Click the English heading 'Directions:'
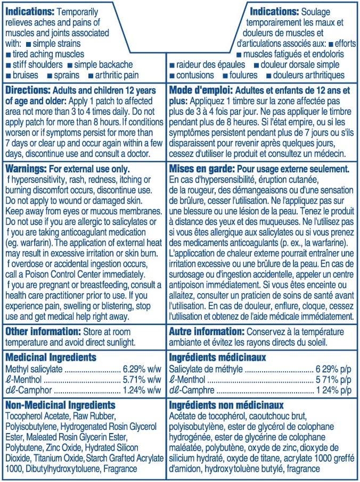click(x=27, y=90)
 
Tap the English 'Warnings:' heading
click(x=25, y=168)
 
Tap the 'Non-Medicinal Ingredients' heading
click(x=60, y=405)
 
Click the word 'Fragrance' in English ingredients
click(x=120, y=469)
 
